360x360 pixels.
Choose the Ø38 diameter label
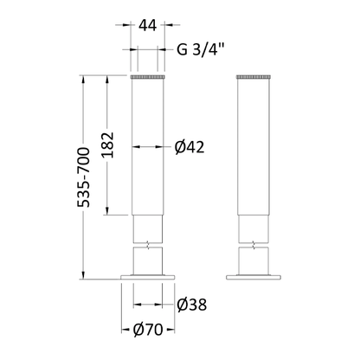tap(191, 305)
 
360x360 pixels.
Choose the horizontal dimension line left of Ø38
tap(151, 305)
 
